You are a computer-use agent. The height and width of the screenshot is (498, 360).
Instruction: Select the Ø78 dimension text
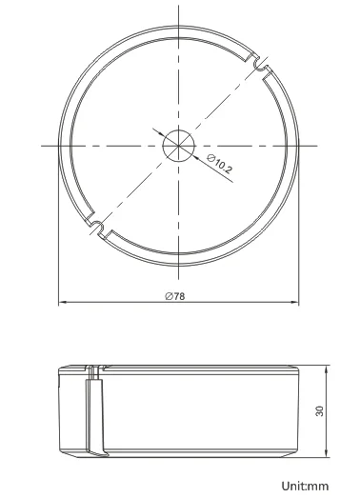(x=174, y=296)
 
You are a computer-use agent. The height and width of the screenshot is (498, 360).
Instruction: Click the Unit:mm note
(x=309, y=486)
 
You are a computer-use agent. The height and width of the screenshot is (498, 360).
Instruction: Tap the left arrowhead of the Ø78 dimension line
(x=63, y=304)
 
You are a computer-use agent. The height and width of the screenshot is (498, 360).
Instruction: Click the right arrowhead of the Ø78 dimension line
(x=291, y=304)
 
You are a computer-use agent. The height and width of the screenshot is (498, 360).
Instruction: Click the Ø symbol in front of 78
(x=168, y=296)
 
